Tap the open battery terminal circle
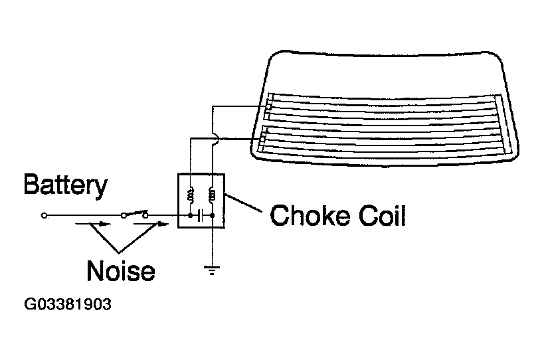[x=44, y=216]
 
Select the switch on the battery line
[x=135, y=214]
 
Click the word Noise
[x=121, y=270]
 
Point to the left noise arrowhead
[x=104, y=224]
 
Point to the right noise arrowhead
[x=162, y=224]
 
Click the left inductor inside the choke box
[x=191, y=195]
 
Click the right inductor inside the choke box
[x=213, y=195]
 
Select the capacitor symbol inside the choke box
[x=200, y=215]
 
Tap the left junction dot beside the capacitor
[x=191, y=215]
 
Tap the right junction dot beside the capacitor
[x=213, y=215]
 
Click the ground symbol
[x=212, y=270]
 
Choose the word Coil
[x=382, y=215]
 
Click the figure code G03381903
[x=68, y=304]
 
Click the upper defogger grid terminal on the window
[x=268, y=106]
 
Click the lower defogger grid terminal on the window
[x=262, y=139]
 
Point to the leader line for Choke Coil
[x=243, y=203]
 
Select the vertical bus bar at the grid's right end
[x=503, y=125]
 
